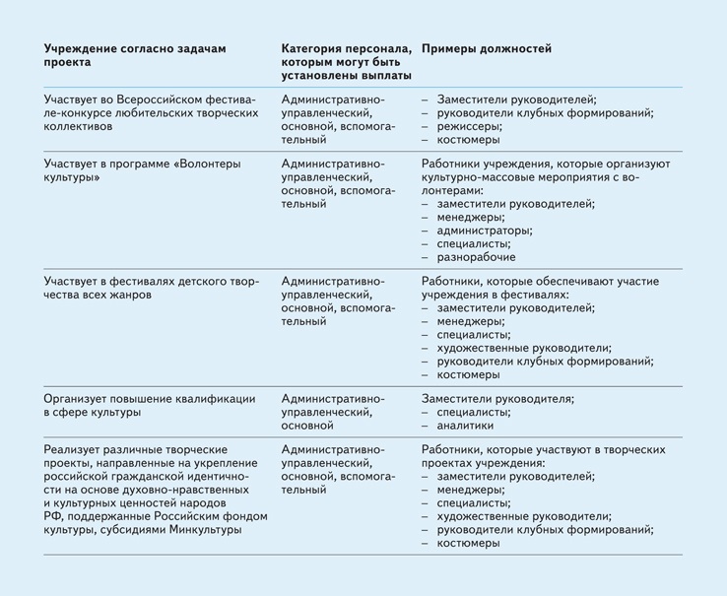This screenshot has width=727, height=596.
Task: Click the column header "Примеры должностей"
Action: [486, 48]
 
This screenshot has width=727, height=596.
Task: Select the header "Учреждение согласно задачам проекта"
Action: [141, 55]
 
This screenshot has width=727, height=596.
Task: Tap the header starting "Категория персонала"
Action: [345, 61]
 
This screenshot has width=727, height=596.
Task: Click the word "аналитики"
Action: [466, 426]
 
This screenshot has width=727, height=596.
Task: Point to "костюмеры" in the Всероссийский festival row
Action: [467, 141]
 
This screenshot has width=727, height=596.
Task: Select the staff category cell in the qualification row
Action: [333, 412]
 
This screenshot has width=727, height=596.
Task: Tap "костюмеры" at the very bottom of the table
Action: [467, 544]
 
